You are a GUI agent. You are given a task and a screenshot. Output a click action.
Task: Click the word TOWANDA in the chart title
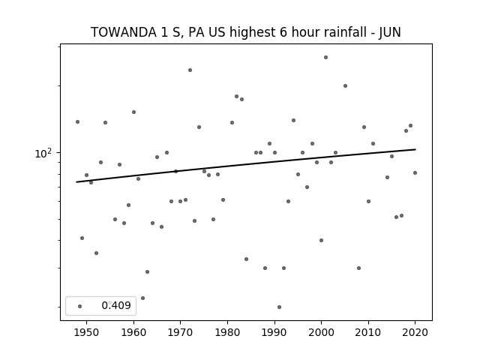[x=123, y=32]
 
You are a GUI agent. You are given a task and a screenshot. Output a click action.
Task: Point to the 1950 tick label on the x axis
[x=86, y=332]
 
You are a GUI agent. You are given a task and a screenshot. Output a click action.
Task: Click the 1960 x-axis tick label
[x=133, y=332]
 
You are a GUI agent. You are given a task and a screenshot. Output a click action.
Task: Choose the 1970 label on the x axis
[x=180, y=332]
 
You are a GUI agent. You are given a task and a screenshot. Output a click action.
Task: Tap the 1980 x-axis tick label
[x=227, y=332]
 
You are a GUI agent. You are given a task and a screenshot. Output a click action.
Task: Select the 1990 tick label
[x=274, y=332]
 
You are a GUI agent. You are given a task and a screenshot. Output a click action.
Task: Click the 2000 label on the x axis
[x=321, y=332]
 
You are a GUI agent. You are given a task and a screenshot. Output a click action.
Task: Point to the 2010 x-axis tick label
[x=368, y=332]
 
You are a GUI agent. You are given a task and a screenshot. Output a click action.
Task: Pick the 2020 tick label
[x=415, y=332]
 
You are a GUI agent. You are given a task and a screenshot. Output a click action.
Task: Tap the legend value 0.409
[x=116, y=305]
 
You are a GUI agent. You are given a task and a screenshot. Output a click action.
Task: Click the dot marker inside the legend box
[x=79, y=306]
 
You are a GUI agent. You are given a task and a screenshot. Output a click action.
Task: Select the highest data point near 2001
[x=325, y=57]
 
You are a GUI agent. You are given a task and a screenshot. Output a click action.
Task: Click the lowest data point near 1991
[x=279, y=307]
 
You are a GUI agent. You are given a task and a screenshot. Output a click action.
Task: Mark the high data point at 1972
[x=190, y=70]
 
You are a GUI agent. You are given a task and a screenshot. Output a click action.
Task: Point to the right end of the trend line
[x=415, y=149]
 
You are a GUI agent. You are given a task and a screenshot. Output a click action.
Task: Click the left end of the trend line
[x=76, y=182]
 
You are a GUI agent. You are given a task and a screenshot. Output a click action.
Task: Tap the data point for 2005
[x=345, y=85]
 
